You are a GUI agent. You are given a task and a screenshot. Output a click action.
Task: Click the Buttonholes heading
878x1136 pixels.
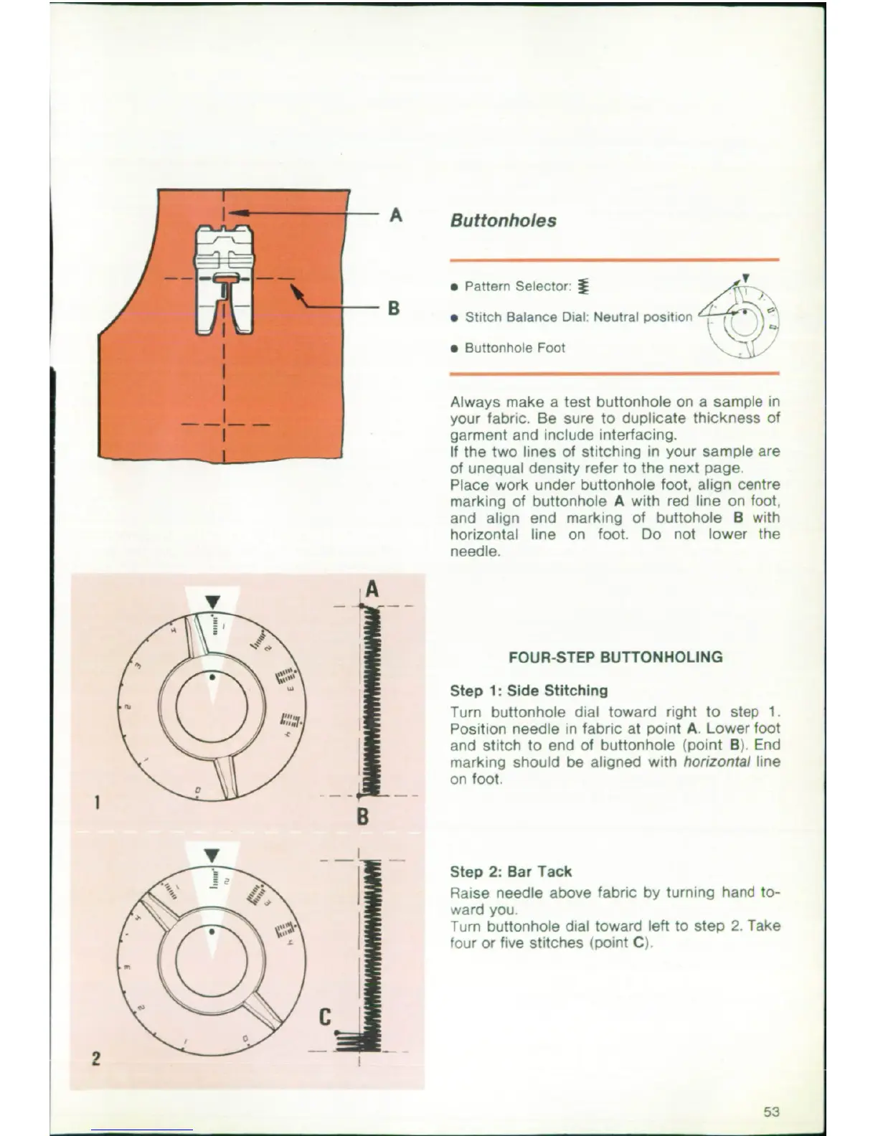click(x=503, y=221)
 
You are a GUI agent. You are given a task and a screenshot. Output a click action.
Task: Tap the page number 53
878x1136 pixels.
click(x=771, y=1112)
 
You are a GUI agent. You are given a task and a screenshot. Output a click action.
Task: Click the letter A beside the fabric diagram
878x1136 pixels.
click(x=395, y=214)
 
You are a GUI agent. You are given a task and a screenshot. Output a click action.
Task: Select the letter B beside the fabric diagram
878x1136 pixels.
click(x=393, y=308)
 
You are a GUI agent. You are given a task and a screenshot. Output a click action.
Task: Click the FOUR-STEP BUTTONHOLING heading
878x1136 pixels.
click(x=615, y=657)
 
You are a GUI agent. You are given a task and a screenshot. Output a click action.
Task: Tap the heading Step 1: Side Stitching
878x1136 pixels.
click(x=528, y=691)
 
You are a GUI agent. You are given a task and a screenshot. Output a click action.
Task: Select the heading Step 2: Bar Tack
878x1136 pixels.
click(x=510, y=872)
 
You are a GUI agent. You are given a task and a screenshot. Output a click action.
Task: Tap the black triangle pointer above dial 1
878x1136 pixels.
click(x=213, y=601)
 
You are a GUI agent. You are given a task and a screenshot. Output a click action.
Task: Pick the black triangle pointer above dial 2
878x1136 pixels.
click(x=212, y=855)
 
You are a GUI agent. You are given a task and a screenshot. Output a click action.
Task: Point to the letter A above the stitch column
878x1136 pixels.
click(x=371, y=590)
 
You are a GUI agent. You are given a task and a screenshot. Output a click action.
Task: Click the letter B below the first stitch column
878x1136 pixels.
click(x=362, y=816)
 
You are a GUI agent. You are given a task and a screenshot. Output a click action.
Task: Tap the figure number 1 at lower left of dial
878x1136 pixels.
click(x=96, y=800)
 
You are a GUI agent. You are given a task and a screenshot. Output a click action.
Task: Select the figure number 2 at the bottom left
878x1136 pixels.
click(x=96, y=1058)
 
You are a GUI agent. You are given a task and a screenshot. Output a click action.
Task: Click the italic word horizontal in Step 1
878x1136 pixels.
click(x=716, y=762)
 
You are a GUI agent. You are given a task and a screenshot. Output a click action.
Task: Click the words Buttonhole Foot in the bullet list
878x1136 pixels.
click(x=514, y=348)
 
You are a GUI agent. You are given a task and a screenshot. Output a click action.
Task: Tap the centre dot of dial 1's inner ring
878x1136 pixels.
click(x=212, y=676)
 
